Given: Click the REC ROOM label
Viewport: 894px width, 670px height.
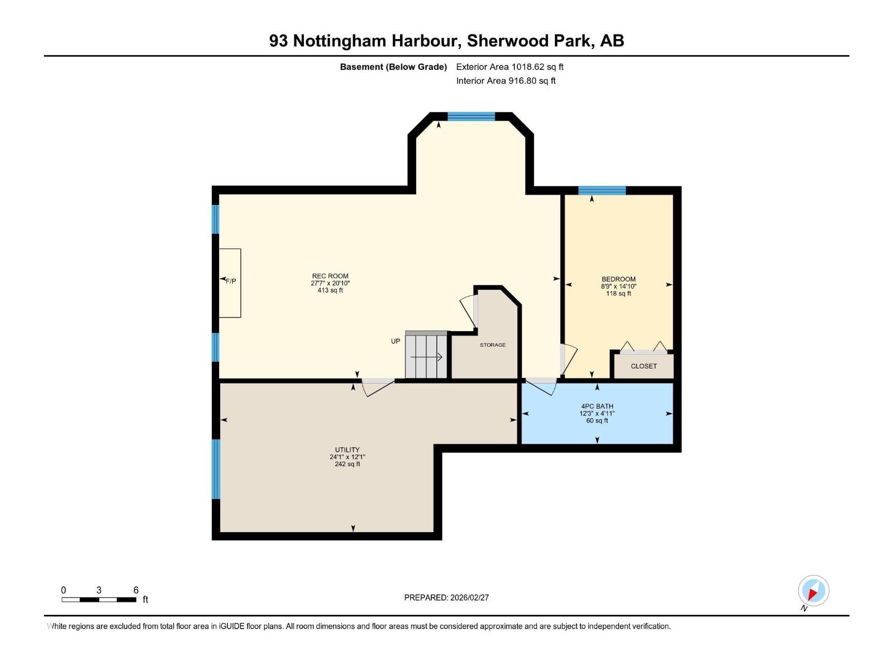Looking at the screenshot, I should [x=330, y=276].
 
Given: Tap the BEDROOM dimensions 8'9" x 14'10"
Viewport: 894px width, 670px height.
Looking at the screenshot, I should [x=619, y=286].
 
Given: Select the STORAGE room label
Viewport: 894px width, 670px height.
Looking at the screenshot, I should [x=492, y=345].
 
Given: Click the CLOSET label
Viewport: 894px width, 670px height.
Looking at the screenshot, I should [x=644, y=366].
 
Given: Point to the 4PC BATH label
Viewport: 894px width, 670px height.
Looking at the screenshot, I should [x=597, y=406].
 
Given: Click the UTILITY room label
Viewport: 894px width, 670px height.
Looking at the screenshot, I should [x=347, y=449].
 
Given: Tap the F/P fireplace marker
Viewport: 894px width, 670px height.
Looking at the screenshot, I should [x=230, y=281].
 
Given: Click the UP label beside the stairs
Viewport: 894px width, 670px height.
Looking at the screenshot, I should [x=396, y=341].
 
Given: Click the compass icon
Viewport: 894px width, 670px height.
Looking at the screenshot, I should [x=813, y=591].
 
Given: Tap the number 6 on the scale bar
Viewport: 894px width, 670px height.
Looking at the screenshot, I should [x=136, y=590].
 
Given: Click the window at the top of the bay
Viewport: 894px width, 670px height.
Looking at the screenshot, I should [x=471, y=116].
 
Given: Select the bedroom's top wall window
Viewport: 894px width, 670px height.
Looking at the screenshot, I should [x=602, y=190].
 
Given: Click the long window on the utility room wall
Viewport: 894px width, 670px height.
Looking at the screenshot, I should [x=216, y=468].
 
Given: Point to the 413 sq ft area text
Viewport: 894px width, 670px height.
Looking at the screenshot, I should [x=330, y=290].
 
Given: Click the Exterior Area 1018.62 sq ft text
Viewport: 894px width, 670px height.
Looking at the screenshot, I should [x=510, y=67].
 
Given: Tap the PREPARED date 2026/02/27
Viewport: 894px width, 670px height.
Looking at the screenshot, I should [x=446, y=597].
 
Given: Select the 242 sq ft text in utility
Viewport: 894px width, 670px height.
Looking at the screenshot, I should [x=347, y=464].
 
